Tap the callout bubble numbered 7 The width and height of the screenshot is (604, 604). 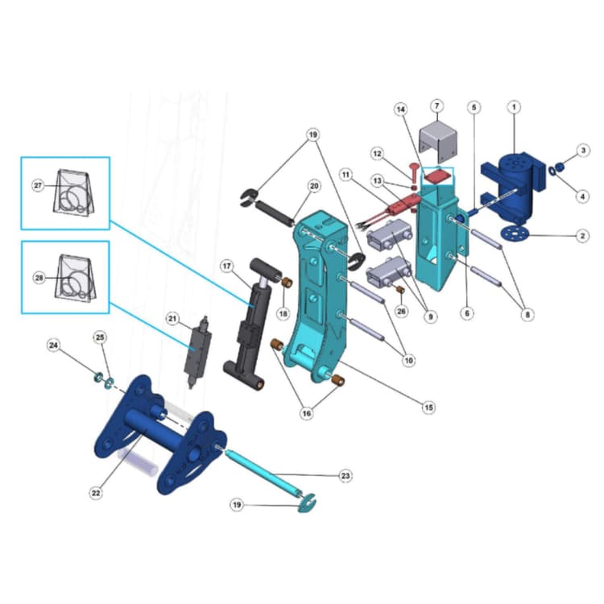436,105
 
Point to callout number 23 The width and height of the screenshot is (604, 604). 345,476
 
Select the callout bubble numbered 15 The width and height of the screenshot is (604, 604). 428,407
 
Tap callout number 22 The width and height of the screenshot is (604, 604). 96,493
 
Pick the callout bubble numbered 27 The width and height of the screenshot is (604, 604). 37,185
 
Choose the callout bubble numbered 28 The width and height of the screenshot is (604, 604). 37,279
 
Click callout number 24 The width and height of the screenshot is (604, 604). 53,346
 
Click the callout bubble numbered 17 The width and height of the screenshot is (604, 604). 227,265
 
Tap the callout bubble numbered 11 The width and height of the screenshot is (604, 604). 345,174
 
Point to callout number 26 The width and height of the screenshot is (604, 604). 403,312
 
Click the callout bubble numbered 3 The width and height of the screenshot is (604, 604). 583,151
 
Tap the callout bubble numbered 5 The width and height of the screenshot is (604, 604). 474,106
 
